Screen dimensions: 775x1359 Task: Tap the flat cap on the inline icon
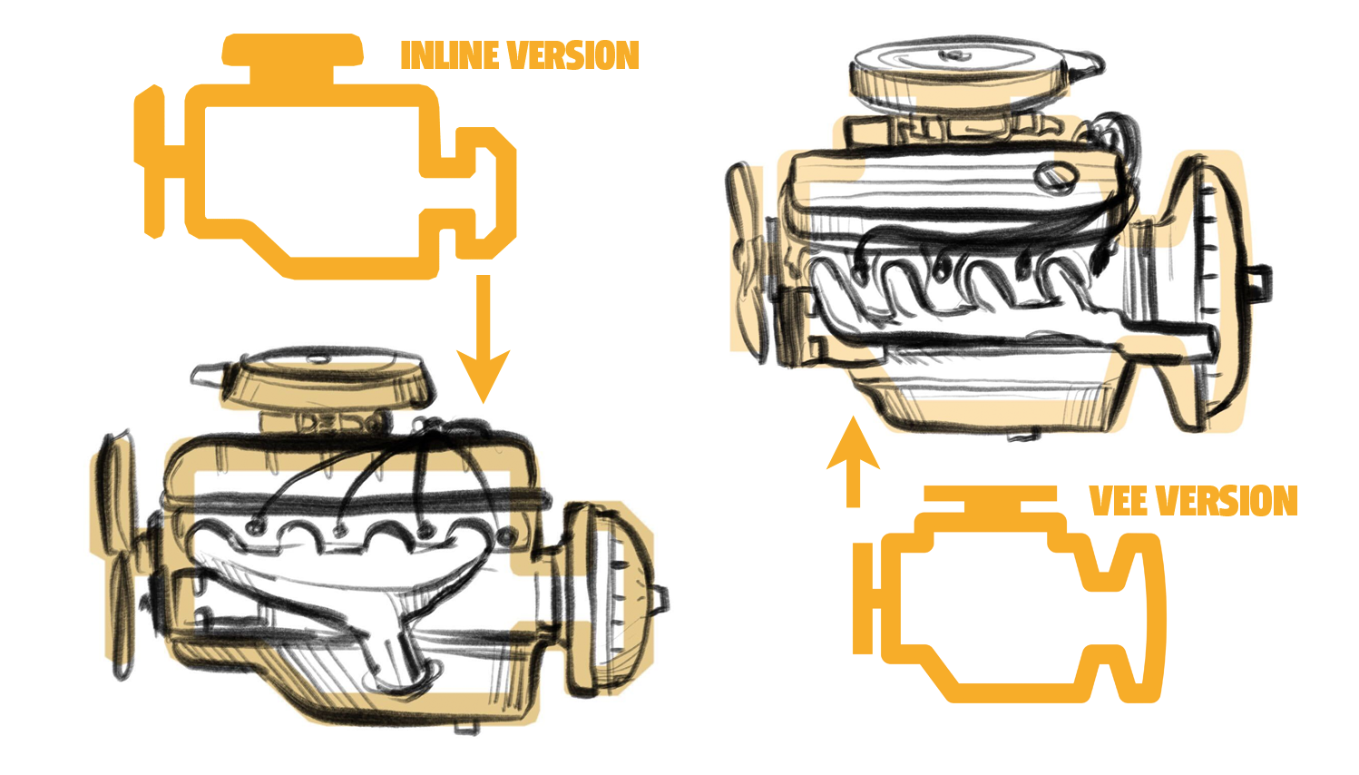coord(292,51)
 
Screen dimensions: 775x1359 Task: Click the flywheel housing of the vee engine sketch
coord(1207,290)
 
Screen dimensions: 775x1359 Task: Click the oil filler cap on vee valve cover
coord(1054,175)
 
